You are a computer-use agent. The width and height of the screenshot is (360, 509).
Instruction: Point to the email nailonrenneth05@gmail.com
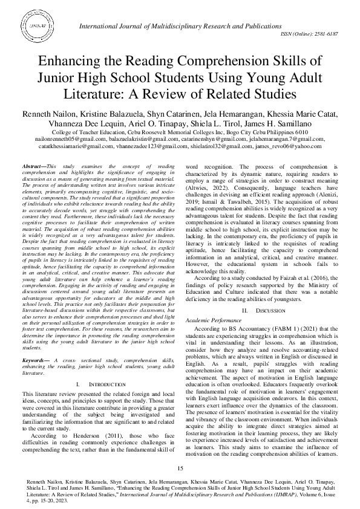click(x=55, y=138)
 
